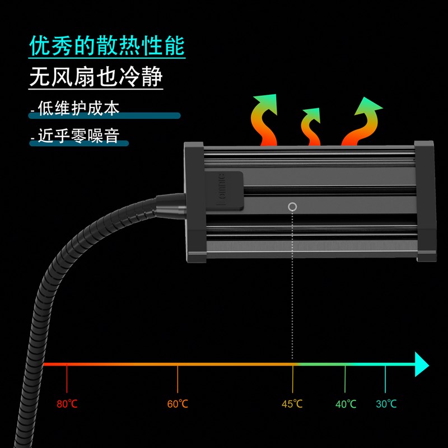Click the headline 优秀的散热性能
pyautogui.click(x=106, y=46)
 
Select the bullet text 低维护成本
pyautogui.click(x=78, y=108)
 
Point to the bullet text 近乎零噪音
pyautogui.click(x=78, y=136)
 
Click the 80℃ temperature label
pyautogui.click(x=67, y=404)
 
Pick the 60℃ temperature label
pyautogui.click(x=178, y=404)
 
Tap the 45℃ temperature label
pyautogui.click(x=292, y=404)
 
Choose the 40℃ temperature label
pyautogui.click(x=346, y=404)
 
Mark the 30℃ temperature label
pyautogui.click(x=386, y=404)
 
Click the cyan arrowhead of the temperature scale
pyautogui.click(x=421, y=365)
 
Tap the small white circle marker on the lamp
pyautogui.click(x=292, y=207)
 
